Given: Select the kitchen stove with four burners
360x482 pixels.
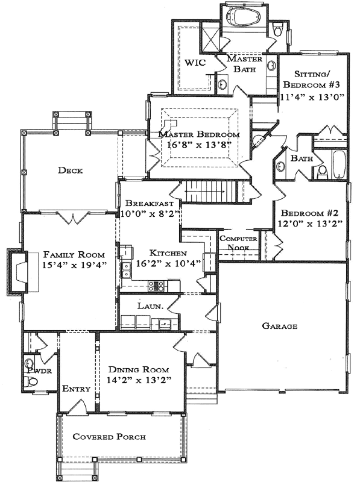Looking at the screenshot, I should tap(158, 286).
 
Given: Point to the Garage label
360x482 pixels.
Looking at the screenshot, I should tap(279, 326).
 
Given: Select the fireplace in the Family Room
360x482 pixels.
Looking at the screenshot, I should tap(16, 271).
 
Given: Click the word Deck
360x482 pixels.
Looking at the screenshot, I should tap(71, 171).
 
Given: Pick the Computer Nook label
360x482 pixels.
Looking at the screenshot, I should tap(238, 243).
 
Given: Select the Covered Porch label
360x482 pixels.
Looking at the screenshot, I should tap(109, 436).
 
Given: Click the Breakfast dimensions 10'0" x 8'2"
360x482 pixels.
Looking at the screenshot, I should tap(149, 214).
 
